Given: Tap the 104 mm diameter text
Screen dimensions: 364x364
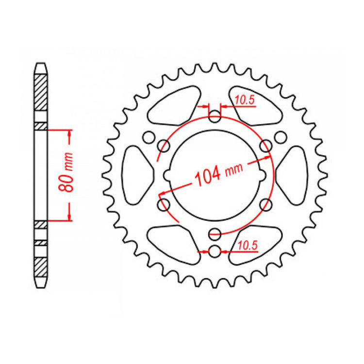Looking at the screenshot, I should (218, 173).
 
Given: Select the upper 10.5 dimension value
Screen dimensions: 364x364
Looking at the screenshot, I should (245, 100).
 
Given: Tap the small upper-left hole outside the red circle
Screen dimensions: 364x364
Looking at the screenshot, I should (149, 137).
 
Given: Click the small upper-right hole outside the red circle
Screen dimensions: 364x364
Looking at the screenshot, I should (280, 137).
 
